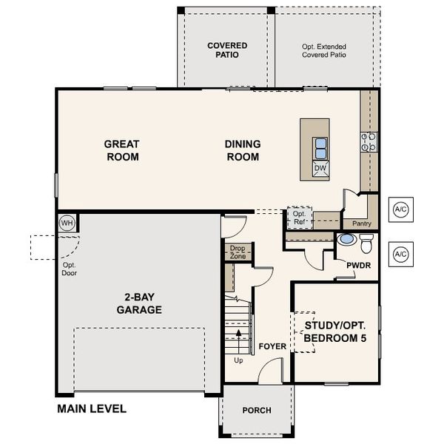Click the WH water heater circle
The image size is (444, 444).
pos(67,223)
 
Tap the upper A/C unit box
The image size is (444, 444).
pos(400,209)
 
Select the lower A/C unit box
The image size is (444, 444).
pos(400,255)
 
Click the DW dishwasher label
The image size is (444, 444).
pos(320,169)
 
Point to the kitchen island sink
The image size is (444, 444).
pos(320,148)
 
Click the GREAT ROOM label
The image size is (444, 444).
pos(122,150)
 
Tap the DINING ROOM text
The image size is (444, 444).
pos(242,150)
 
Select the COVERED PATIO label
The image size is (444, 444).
pos(226,50)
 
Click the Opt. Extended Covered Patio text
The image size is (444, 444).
pos(324,50)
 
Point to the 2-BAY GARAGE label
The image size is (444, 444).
pos(138,304)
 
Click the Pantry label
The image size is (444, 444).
pos(362,223)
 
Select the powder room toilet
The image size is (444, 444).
pos(366,240)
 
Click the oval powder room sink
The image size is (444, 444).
pos(346,240)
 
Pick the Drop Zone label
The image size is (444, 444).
pos(238,252)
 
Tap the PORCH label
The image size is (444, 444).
pos(256,411)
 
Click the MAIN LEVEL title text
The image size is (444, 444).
pos(92,408)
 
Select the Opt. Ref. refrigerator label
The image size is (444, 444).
pos(299,217)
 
